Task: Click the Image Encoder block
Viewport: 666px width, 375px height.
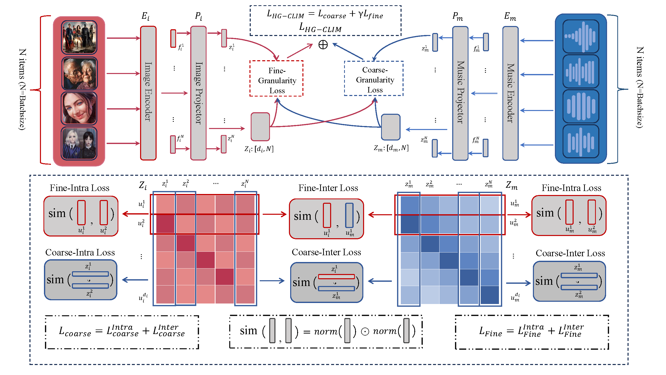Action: (148, 93)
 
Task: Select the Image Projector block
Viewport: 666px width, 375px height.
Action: (198, 93)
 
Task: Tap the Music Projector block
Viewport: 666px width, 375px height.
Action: (460, 93)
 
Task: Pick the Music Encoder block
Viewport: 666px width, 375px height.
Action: (510, 93)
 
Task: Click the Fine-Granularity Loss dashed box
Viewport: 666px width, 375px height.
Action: (276, 79)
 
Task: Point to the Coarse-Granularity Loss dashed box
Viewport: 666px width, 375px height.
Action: (374, 79)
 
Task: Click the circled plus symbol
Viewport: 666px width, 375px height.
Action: (323, 45)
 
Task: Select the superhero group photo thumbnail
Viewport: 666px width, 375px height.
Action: (79, 37)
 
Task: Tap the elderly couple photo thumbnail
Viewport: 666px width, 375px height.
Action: (79, 74)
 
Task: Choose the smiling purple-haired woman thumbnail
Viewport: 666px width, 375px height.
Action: (79, 108)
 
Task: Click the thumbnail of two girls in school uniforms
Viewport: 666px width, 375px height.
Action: (79, 143)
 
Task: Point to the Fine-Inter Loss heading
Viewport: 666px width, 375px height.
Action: (328, 188)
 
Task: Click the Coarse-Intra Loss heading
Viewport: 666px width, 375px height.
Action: (80, 252)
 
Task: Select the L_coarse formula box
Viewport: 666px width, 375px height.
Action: (122, 332)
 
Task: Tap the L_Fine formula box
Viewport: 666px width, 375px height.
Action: (532, 332)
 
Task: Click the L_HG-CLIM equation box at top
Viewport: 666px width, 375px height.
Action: (325, 21)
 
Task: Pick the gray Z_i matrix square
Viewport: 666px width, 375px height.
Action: (260, 127)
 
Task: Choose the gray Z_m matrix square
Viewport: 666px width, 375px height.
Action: (391, 127)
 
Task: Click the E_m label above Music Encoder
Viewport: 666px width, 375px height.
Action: (510, 16)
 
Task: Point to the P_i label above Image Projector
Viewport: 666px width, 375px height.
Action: (198, 16)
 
